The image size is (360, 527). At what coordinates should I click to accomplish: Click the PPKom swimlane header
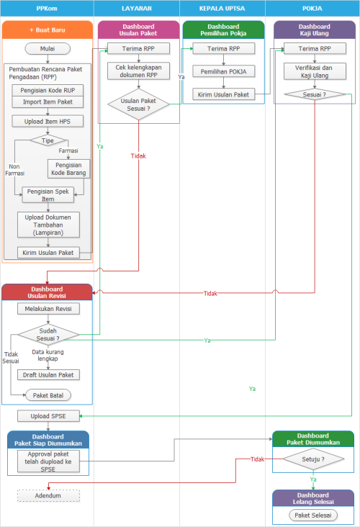[x=47, y=8]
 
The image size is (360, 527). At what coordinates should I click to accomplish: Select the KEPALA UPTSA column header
[x=222, y=8]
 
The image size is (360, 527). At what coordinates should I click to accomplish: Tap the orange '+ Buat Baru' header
[x=48, y=30]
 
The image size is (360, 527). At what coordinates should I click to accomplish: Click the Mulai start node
[x=48, y=49]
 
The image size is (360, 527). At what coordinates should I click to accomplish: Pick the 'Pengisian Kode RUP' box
[x=48, y=91]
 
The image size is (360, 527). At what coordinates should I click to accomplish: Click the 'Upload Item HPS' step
[x=48, y=121]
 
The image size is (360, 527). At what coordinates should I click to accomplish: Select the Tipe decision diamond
[x=48, y=140]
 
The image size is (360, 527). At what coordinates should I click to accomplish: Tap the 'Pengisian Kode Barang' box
[x=68, y=168]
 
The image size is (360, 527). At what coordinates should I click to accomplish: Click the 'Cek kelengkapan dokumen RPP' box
[x=138, y=73]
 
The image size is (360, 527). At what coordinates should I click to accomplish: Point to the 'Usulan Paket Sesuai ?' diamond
[x=138, y=104]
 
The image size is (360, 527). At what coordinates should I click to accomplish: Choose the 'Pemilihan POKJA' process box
[x=223, y=72]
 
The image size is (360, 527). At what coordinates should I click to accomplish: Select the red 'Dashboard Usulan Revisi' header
[x=48, y=292]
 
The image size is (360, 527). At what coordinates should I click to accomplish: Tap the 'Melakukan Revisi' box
[x=48, y=309]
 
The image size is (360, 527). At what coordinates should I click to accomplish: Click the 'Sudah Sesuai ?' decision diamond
[x=48, y=334]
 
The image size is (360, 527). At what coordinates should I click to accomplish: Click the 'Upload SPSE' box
[x=48, y=416]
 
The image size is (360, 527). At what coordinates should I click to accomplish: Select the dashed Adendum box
[x=48, y=495]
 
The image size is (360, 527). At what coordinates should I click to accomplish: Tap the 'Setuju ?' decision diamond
[x=313, y=459]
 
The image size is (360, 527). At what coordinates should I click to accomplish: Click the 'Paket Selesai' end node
[x=313, y=515]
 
